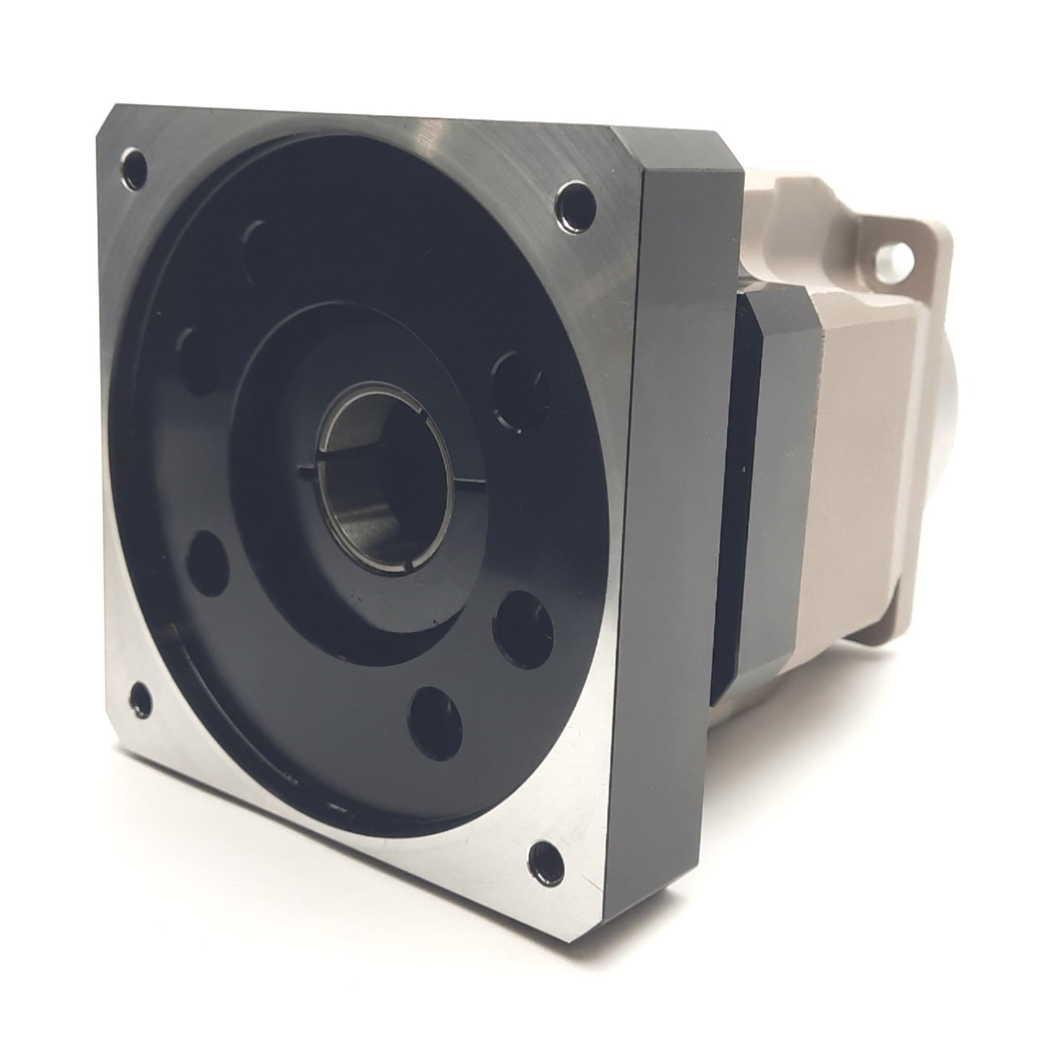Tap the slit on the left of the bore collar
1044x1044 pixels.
[x=309, y=473]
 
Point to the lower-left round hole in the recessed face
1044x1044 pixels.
[x=206, y=564]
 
